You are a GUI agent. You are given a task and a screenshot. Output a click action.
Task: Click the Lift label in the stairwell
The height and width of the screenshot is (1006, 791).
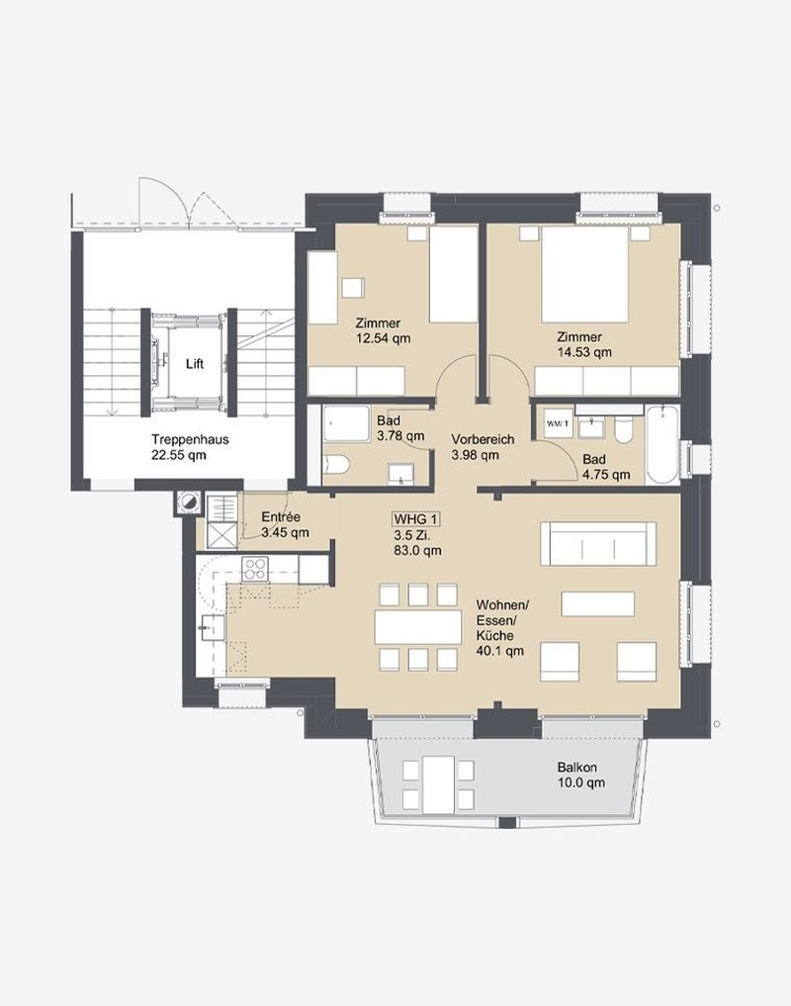pyautogui.click(x=195, y=364)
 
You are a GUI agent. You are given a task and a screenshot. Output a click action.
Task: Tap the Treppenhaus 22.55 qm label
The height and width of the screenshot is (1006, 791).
pyautogui.click(x=190, y=447)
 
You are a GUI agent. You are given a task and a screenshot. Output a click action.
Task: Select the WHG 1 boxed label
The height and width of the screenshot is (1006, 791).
pyautogui.click(x=417, y=519)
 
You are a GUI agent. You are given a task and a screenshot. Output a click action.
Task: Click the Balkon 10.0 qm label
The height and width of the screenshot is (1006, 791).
pyautogui.click(x=580, y=776)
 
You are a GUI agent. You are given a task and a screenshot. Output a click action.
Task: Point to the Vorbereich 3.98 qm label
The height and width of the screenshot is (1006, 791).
pyautogui.click(x=483, y=447)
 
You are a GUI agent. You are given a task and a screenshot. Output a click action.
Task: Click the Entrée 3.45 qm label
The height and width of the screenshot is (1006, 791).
pyautogui.click(x=285, y=525)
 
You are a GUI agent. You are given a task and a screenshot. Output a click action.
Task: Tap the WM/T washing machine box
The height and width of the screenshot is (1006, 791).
pyautogui.click(x=558, y=423)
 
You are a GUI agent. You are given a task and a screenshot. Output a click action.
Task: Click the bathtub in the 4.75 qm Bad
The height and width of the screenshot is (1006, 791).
pyautogui.click(x=662, y=444)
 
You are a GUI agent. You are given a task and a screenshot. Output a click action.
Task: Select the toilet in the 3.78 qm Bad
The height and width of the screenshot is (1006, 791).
pyautogui.click(x=336, y=464)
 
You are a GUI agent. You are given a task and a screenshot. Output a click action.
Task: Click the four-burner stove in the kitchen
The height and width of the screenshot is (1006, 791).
pyautogui.click(x=254, y=569)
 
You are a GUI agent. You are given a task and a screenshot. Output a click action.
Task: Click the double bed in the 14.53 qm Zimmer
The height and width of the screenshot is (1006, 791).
pyautogui.click(x=584, y=274)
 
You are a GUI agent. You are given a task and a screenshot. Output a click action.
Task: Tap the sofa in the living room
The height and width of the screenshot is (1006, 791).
pyautogui.click(x=598, y=543)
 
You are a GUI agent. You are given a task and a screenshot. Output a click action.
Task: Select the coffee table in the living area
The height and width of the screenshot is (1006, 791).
pyautogui.click(x=598, y=603)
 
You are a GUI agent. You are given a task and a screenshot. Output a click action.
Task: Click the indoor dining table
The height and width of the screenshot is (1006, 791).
pyautogui.click(x=418, y=627)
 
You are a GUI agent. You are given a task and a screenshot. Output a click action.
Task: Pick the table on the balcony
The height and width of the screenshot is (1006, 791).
pyautogui.click(x=438, y=783)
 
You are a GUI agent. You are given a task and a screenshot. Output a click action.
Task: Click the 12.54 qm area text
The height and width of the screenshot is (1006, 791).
pyautogui.click(x=383, y=338)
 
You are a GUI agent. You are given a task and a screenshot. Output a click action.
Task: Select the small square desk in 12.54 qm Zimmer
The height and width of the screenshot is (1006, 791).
pyautogui.click(x=353, y=287)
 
